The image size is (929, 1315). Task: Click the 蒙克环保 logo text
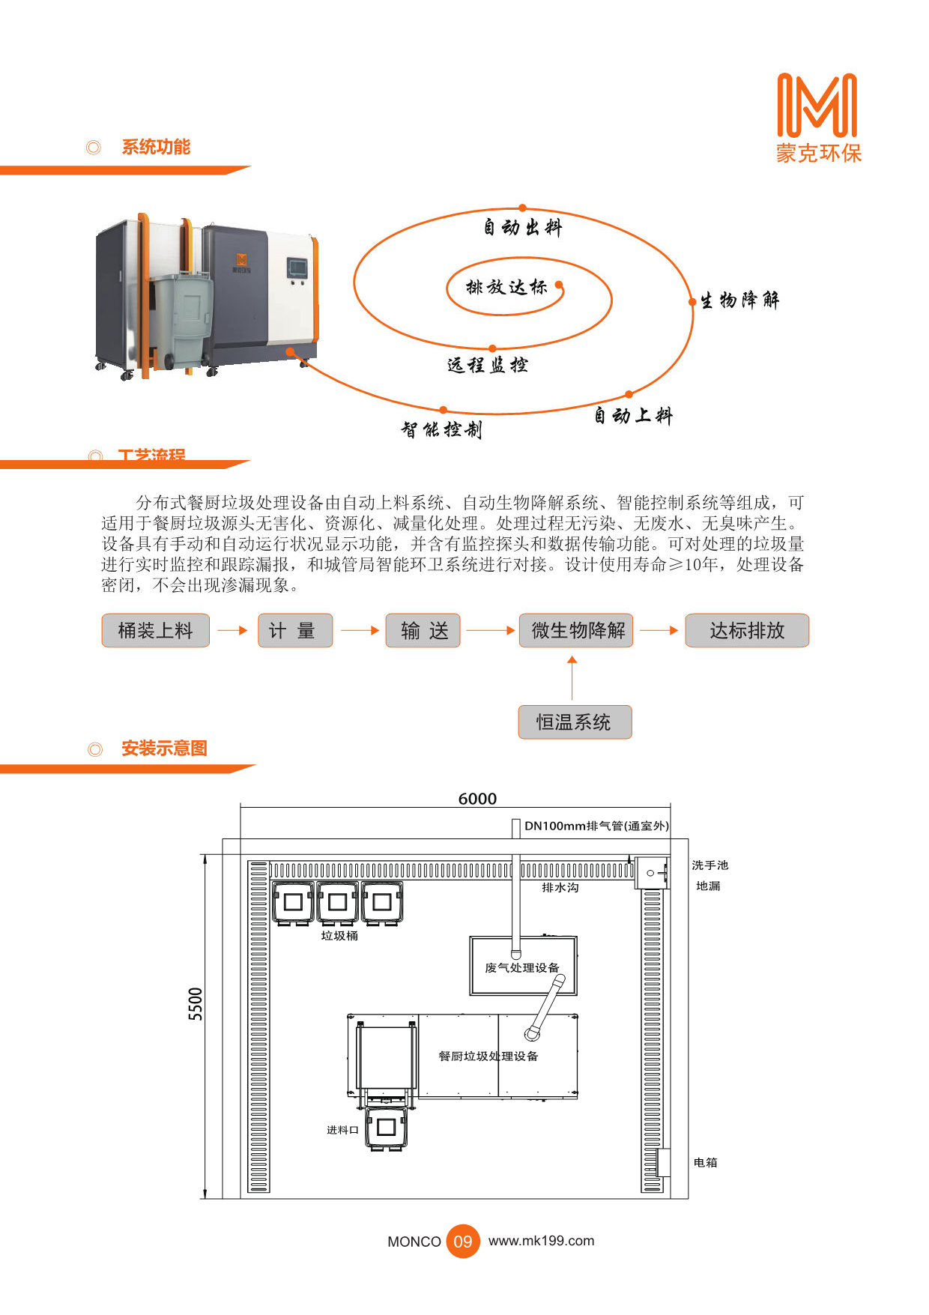click(818, 154)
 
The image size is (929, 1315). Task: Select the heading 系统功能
click(156, 147)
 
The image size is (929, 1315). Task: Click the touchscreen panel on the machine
click(297, 267)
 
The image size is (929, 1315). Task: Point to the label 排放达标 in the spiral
click(506, 287)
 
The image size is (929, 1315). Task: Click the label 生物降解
click(739, 300)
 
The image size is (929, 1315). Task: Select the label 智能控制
click(441, 429)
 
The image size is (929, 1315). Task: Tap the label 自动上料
click(633, 416)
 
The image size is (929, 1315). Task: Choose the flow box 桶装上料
click(155, 630)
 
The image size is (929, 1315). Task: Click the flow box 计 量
click(294, 630)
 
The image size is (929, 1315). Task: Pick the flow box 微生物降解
click(576, 630)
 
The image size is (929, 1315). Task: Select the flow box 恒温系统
click(575, 722)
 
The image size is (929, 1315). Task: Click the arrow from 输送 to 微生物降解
click(490, 631)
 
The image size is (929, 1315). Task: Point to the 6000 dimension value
click(477, 799)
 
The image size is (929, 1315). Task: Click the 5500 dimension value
click(196, 1004)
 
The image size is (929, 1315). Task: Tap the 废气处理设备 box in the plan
click(523, 967)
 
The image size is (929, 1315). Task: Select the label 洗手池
click(709, 865)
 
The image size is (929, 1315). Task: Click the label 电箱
click(705, 1162)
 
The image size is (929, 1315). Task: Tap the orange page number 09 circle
click(463, 1242)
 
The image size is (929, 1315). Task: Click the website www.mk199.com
click(541, 1241)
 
